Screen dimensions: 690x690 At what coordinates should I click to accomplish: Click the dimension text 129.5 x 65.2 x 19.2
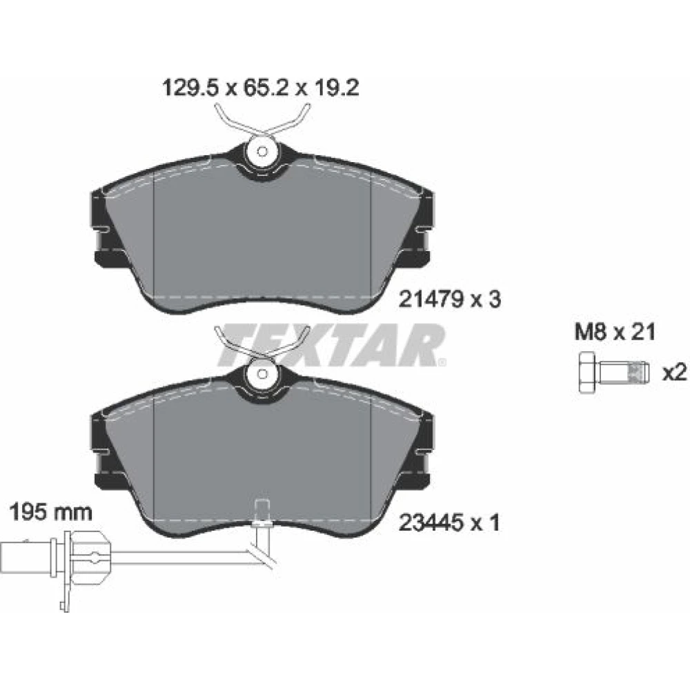261,88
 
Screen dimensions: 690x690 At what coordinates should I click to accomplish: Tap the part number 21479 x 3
449,299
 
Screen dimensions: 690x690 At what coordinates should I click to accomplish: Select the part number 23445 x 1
449,523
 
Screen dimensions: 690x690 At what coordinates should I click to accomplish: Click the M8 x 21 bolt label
615,332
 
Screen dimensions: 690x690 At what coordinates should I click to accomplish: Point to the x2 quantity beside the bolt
674,373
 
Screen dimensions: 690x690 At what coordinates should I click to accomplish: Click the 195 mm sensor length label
50,513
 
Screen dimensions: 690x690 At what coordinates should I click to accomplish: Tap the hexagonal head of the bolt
589,373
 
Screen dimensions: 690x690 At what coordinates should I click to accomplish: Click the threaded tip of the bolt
640,373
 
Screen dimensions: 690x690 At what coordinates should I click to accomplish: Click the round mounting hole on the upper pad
262,152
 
